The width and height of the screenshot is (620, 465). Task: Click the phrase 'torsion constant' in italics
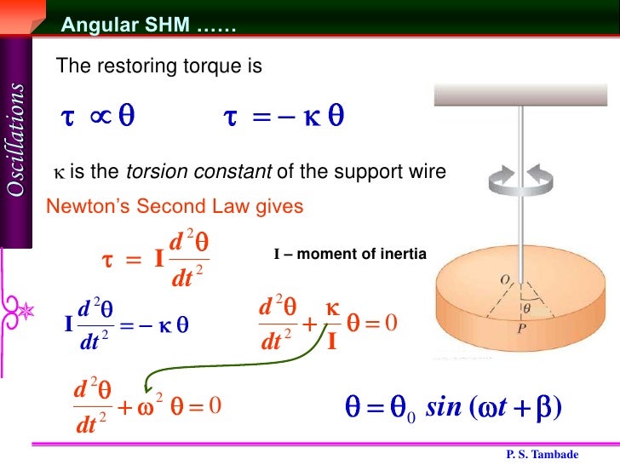[x=200, y=174]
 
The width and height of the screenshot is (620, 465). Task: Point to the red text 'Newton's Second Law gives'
[x=175, y=206]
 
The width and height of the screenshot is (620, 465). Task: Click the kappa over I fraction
[x=333, y=324]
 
